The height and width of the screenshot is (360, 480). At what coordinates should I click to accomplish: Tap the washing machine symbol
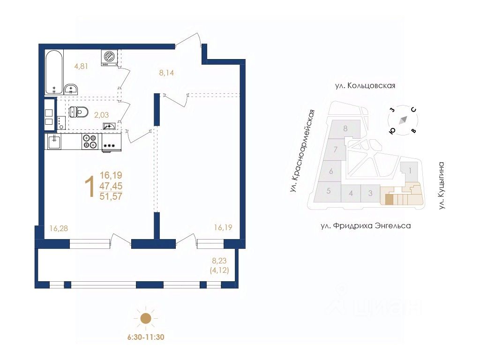[110, 57]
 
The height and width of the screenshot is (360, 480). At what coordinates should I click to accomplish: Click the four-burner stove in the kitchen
[90, 141]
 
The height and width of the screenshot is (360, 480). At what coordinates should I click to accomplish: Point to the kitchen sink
[53, 141]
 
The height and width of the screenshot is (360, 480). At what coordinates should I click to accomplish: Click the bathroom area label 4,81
[81, 66]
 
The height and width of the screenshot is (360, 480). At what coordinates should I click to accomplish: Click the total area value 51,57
[111, 196]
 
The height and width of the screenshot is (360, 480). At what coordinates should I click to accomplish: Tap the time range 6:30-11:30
[146, 337]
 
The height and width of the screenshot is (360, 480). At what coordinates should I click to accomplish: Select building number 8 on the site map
[345, 128]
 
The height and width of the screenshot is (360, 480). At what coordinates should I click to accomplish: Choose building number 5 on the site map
[329, 191]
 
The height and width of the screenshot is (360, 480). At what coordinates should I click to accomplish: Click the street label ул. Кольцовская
[365, 86]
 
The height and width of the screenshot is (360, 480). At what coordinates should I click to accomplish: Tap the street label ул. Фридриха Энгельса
[366, 226]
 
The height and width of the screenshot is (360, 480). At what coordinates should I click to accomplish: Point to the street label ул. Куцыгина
[441, 185]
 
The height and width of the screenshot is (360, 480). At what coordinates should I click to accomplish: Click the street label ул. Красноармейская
[300, 151]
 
